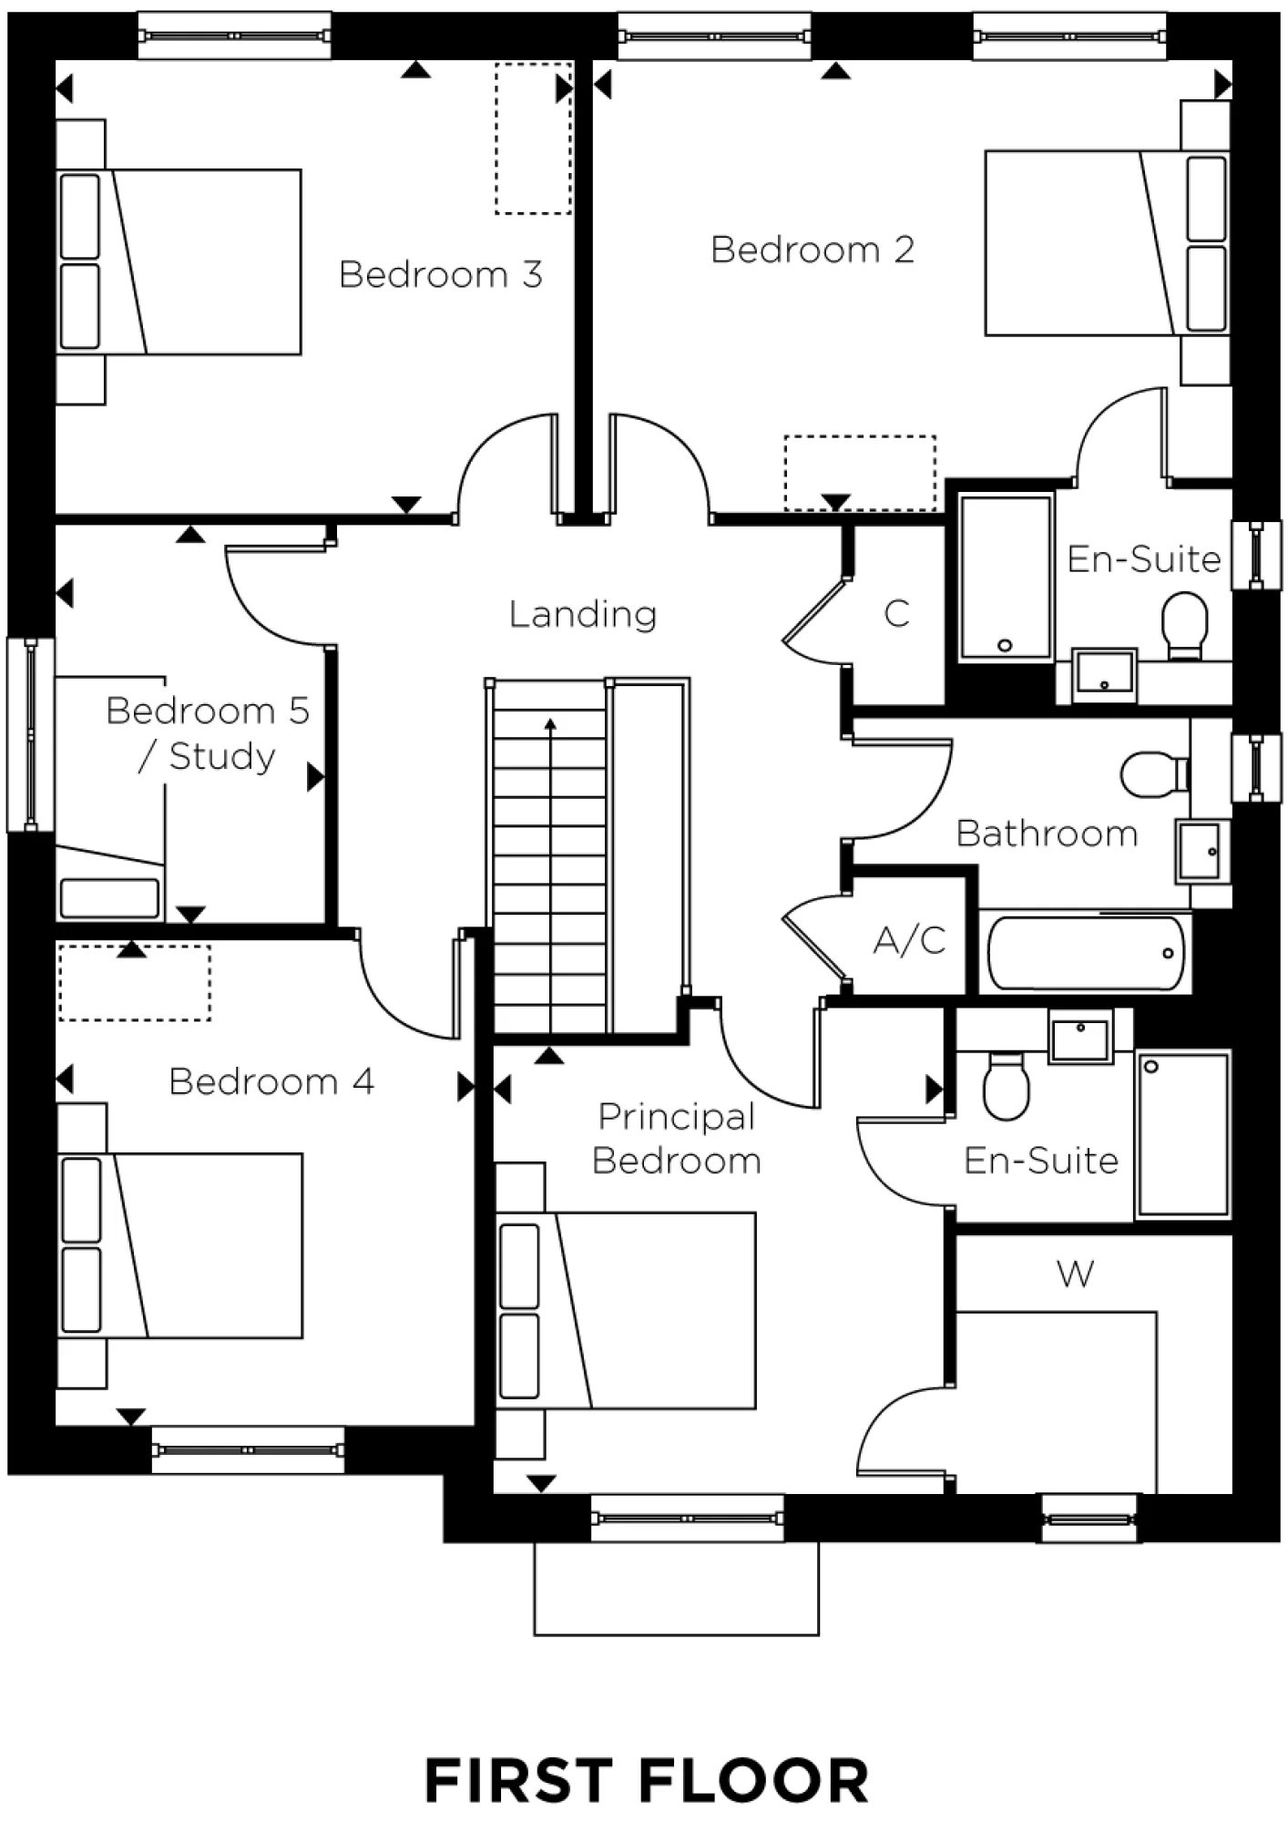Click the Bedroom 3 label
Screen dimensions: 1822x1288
pos(441,274)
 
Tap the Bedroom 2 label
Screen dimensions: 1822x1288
pos(813,250)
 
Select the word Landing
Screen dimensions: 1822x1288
pos(583,614)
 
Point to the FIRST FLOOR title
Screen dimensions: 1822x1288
pos(646,1782)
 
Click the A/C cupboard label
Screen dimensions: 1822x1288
pos(910,939)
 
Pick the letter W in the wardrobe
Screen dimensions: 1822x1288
pos(1076,1274)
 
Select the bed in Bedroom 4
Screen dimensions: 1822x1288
pos(180,1245)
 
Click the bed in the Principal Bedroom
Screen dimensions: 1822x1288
pos(627,1310)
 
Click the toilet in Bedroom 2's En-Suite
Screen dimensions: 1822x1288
pos(1185,625)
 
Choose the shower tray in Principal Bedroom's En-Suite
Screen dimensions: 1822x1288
pos(1183,1134)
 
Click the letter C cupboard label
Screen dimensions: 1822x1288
pos(897,613)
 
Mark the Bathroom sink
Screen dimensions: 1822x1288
pos(1201,851)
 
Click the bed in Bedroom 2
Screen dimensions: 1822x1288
pos(1108,243)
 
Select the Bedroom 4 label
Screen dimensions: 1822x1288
pos(271,1081)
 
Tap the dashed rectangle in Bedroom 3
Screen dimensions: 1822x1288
pos(533,138)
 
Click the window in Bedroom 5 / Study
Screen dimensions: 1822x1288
pos(30,734)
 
